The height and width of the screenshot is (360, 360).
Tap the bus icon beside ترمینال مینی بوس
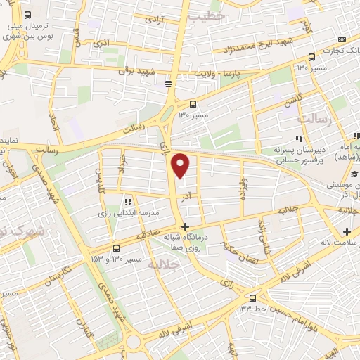pyautogui.click(x=27, y=15)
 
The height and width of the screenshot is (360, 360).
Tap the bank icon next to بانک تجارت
pyautogui.click(x=342, y=39)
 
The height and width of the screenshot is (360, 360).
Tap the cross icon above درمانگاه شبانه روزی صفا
pyautogui.click(x=185, y=226)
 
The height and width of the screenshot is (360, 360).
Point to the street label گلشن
pyautogui.click(x=293, y=100)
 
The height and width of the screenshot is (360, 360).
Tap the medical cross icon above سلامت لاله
pyautogui.click(x=347, y=231)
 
